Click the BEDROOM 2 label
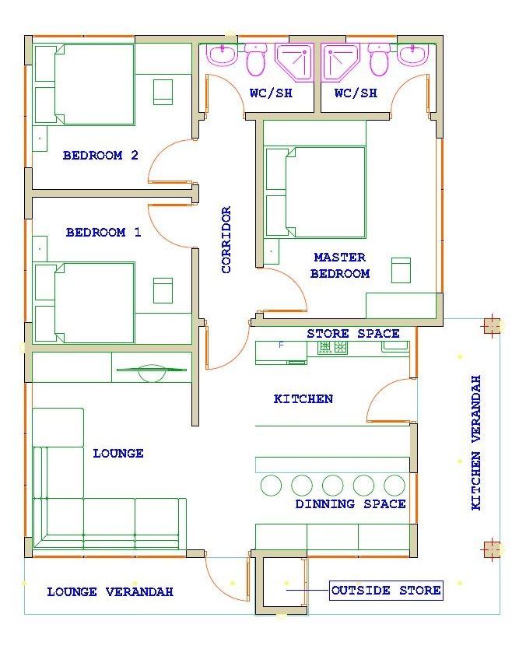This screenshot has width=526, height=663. (x=100, y=155)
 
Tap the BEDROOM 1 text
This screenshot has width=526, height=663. (x=103, y=232)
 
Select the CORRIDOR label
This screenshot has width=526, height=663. (x=226, y=240)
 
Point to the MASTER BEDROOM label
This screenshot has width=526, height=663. (x=340, y=265)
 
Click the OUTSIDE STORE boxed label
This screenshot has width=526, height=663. (x=386, y=591)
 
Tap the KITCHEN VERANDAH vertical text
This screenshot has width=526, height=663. (x=476, y=442)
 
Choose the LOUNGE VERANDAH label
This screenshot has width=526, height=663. (x=110, y=591)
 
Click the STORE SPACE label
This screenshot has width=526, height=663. (x=353, y=334)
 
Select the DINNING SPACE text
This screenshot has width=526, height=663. (x=350, y=504)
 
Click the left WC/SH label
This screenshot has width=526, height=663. (x=271, y=93)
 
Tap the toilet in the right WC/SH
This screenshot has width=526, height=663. (x=378, y=59)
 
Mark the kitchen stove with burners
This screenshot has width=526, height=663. (x=333, y=347)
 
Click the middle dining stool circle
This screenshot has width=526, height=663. (x=333, y=485)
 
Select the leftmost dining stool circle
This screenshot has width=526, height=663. (x=271, y=485)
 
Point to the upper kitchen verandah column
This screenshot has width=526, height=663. (x=491, y=326)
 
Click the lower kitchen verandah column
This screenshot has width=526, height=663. (x=491, y=549)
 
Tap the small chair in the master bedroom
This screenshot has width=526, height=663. (x=401, y=271)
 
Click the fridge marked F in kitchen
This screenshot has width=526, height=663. (x=281, y=353)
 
